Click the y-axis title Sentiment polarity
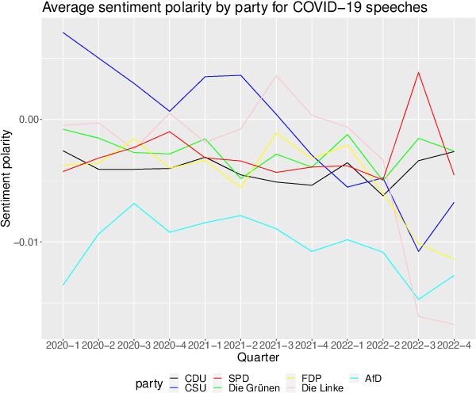(x=7, y=180)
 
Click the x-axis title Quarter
(x=258, y=358)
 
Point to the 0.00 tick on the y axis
(x=29, y=119)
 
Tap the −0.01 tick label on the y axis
(x=25, y=242)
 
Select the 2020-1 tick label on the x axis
(x=63, y=345)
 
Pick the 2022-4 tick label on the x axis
(x=453, y=345)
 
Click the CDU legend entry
(x=185, y=377)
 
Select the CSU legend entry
(x=185, y=387)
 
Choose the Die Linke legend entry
(x=322, y=387)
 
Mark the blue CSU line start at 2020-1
(x=63, y=32)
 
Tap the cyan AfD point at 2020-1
(x=63, y=285)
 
